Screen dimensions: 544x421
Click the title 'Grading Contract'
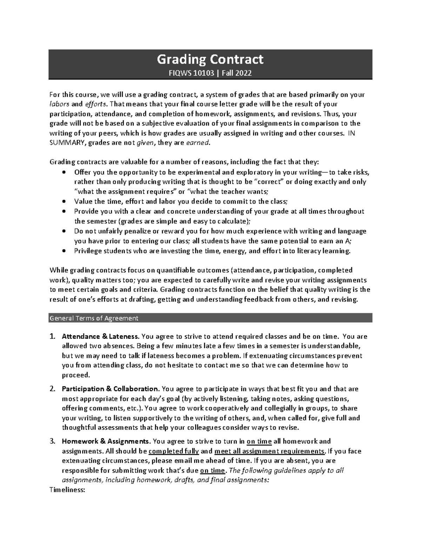tap(210, 60)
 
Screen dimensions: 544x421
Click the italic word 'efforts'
tap(96, 104)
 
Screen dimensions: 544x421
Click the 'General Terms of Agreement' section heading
tap(94, 318)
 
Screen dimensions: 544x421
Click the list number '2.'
tap(52, 389)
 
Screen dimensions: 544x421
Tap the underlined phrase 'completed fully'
tap(174, 451)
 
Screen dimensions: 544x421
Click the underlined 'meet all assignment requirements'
tap(269, 451)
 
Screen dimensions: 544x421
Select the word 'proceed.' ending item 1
tap(76, 375)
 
